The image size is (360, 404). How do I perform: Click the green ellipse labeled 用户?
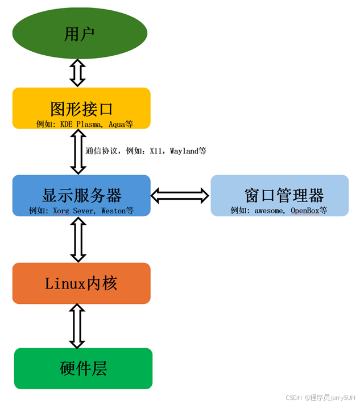(x=80, y=34)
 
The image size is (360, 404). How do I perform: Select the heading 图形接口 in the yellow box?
(x=81, y=108)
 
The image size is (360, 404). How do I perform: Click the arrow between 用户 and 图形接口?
(x=77, y=72)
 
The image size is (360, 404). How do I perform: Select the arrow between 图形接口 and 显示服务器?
(x=78, y=151)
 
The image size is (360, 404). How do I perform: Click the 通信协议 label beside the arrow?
(x=101, y=151)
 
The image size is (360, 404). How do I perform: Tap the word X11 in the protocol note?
(x=156, y=151)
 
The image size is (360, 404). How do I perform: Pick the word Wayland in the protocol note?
(x=184, y=151)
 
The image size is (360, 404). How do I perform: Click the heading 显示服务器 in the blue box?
(x=81, y=195)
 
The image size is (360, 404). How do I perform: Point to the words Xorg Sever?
(x=74, y=211)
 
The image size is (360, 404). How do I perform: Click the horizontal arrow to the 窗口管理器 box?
(x=180, y=196)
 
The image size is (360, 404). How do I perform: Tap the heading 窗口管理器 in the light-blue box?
(x=284, y=195)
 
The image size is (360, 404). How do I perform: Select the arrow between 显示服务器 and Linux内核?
(x=78, y=239)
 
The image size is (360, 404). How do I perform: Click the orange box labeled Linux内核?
(x=81, y=283)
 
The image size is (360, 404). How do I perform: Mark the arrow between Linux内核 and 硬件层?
(x=77, y=325)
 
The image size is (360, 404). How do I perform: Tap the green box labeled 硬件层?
(x=83, y=368)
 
